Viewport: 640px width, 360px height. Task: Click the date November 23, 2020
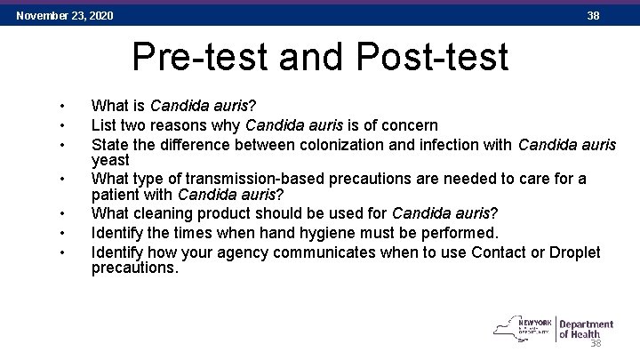pos(65,15)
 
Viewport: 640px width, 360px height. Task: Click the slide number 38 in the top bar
pos(593,15)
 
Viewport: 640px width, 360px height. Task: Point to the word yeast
pos(110,160)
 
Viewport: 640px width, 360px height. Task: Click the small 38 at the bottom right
pos(596,344)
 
